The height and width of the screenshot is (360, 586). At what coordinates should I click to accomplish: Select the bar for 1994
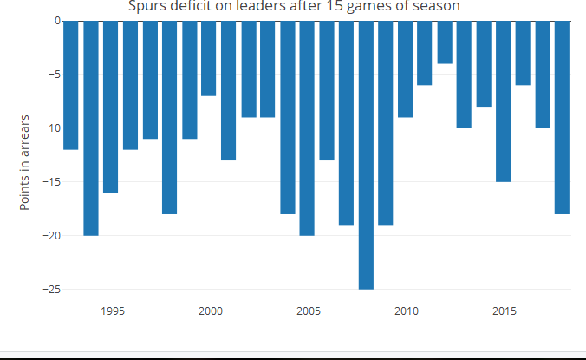(x=91, y=128)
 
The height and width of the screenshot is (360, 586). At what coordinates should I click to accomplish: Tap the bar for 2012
(x=445, y=42)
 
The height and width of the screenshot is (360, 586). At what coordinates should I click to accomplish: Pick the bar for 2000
(x=208, y=58)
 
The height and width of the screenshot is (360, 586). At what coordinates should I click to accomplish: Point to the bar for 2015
(x=504, y=101)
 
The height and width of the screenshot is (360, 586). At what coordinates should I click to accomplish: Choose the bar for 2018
(x=562, y=117)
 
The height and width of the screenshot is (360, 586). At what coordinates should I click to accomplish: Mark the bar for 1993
(x=71, y=85)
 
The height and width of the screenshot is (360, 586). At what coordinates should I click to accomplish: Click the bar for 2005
(x=307, y=128)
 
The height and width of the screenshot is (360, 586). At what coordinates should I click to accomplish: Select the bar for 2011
(x=425, y=53)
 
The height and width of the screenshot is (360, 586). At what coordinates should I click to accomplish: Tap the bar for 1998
(x=169, y=117)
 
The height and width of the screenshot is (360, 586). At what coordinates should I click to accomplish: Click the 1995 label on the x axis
(x=111, y=311)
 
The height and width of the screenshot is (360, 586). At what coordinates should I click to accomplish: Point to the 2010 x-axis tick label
(x=406, y=311)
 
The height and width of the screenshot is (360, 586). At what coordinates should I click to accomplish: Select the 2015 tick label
(x=504, y=311)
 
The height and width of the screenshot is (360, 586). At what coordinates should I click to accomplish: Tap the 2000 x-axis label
(x=209, y=311)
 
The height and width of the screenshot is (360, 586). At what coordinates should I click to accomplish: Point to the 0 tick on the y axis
(x=56, y=21)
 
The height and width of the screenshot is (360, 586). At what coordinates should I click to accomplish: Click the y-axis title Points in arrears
(x=25, y=161)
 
